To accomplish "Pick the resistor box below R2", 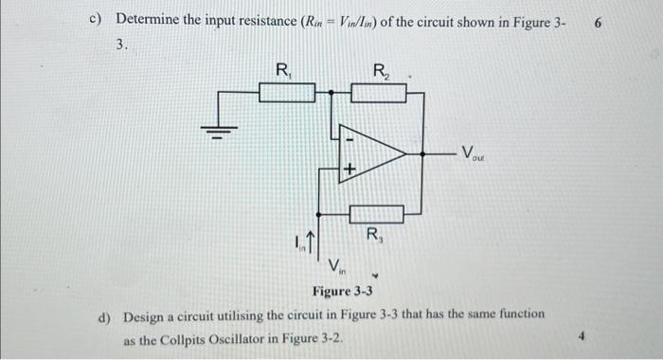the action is [x=379, y=92].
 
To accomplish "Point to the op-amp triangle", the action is [x=373, y=153].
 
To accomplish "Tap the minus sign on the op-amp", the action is [x=348, y=139].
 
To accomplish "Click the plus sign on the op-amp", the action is [x=348, y=169].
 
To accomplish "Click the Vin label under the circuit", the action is [x=337, y=265].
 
